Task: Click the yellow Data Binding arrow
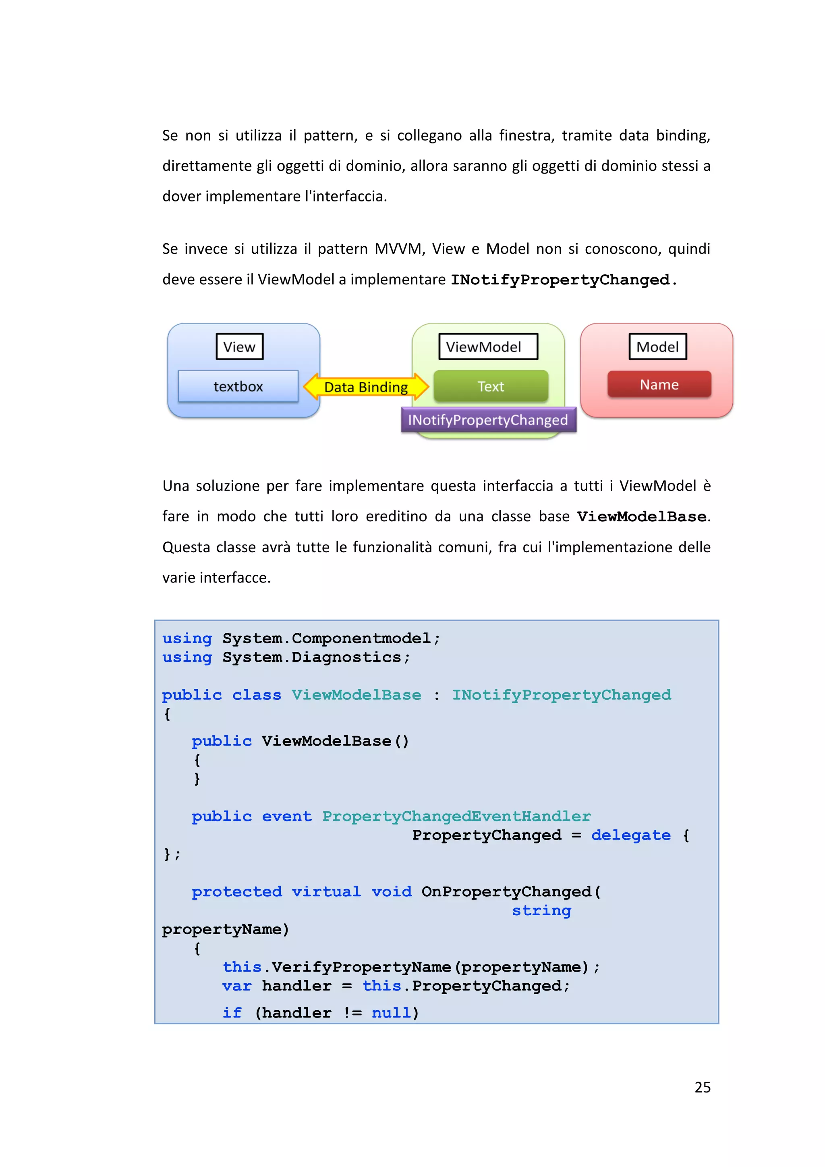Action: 366,387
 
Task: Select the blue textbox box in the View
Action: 238,386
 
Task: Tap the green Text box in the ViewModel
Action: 491,386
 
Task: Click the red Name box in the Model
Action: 659,384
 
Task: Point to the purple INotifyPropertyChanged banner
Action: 488,420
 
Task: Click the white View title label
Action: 239,347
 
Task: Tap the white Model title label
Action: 657,347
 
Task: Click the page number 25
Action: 702,1087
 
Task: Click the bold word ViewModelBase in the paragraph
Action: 641,517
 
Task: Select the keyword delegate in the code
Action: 630,835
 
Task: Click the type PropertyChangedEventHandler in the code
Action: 456,816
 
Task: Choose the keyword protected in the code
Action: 236,891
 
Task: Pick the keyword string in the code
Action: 541,910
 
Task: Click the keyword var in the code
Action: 237,986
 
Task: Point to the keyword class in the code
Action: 257,695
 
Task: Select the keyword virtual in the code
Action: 326,891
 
